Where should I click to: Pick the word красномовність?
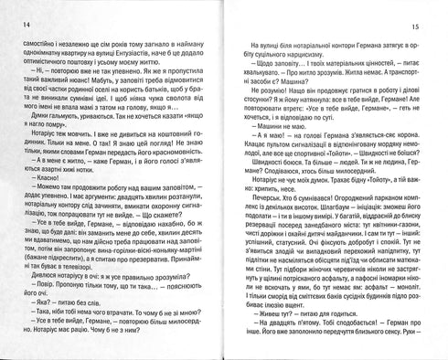[169, 183]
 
